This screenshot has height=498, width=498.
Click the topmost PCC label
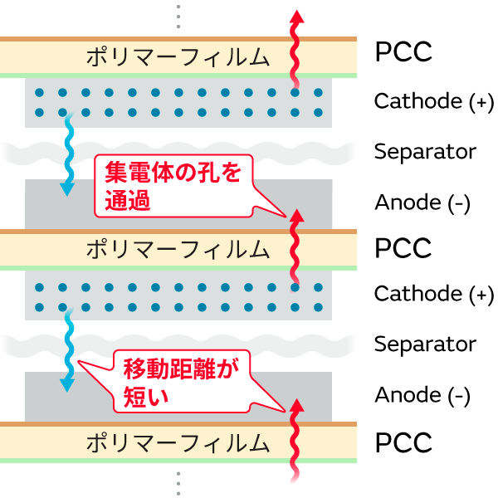pos(403,52)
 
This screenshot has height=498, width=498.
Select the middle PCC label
pos(403,247)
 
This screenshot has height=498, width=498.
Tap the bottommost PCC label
pos(403,442)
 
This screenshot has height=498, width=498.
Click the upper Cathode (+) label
pos(433,101)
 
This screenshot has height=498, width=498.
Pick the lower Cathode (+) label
pos(433,294)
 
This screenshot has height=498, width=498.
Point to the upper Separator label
pos(425,152)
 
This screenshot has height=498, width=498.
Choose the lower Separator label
pos(425,344)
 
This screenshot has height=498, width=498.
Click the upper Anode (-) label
pos(422,203)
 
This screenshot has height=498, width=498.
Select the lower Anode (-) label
pos(422,395)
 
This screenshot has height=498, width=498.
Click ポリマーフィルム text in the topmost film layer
pos(178,57)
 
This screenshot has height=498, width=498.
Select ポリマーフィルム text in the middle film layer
pos(178,248)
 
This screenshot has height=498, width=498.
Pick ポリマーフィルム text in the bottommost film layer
pos(178,442)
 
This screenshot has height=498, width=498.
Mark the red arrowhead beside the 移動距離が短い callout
pos(295,406)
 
